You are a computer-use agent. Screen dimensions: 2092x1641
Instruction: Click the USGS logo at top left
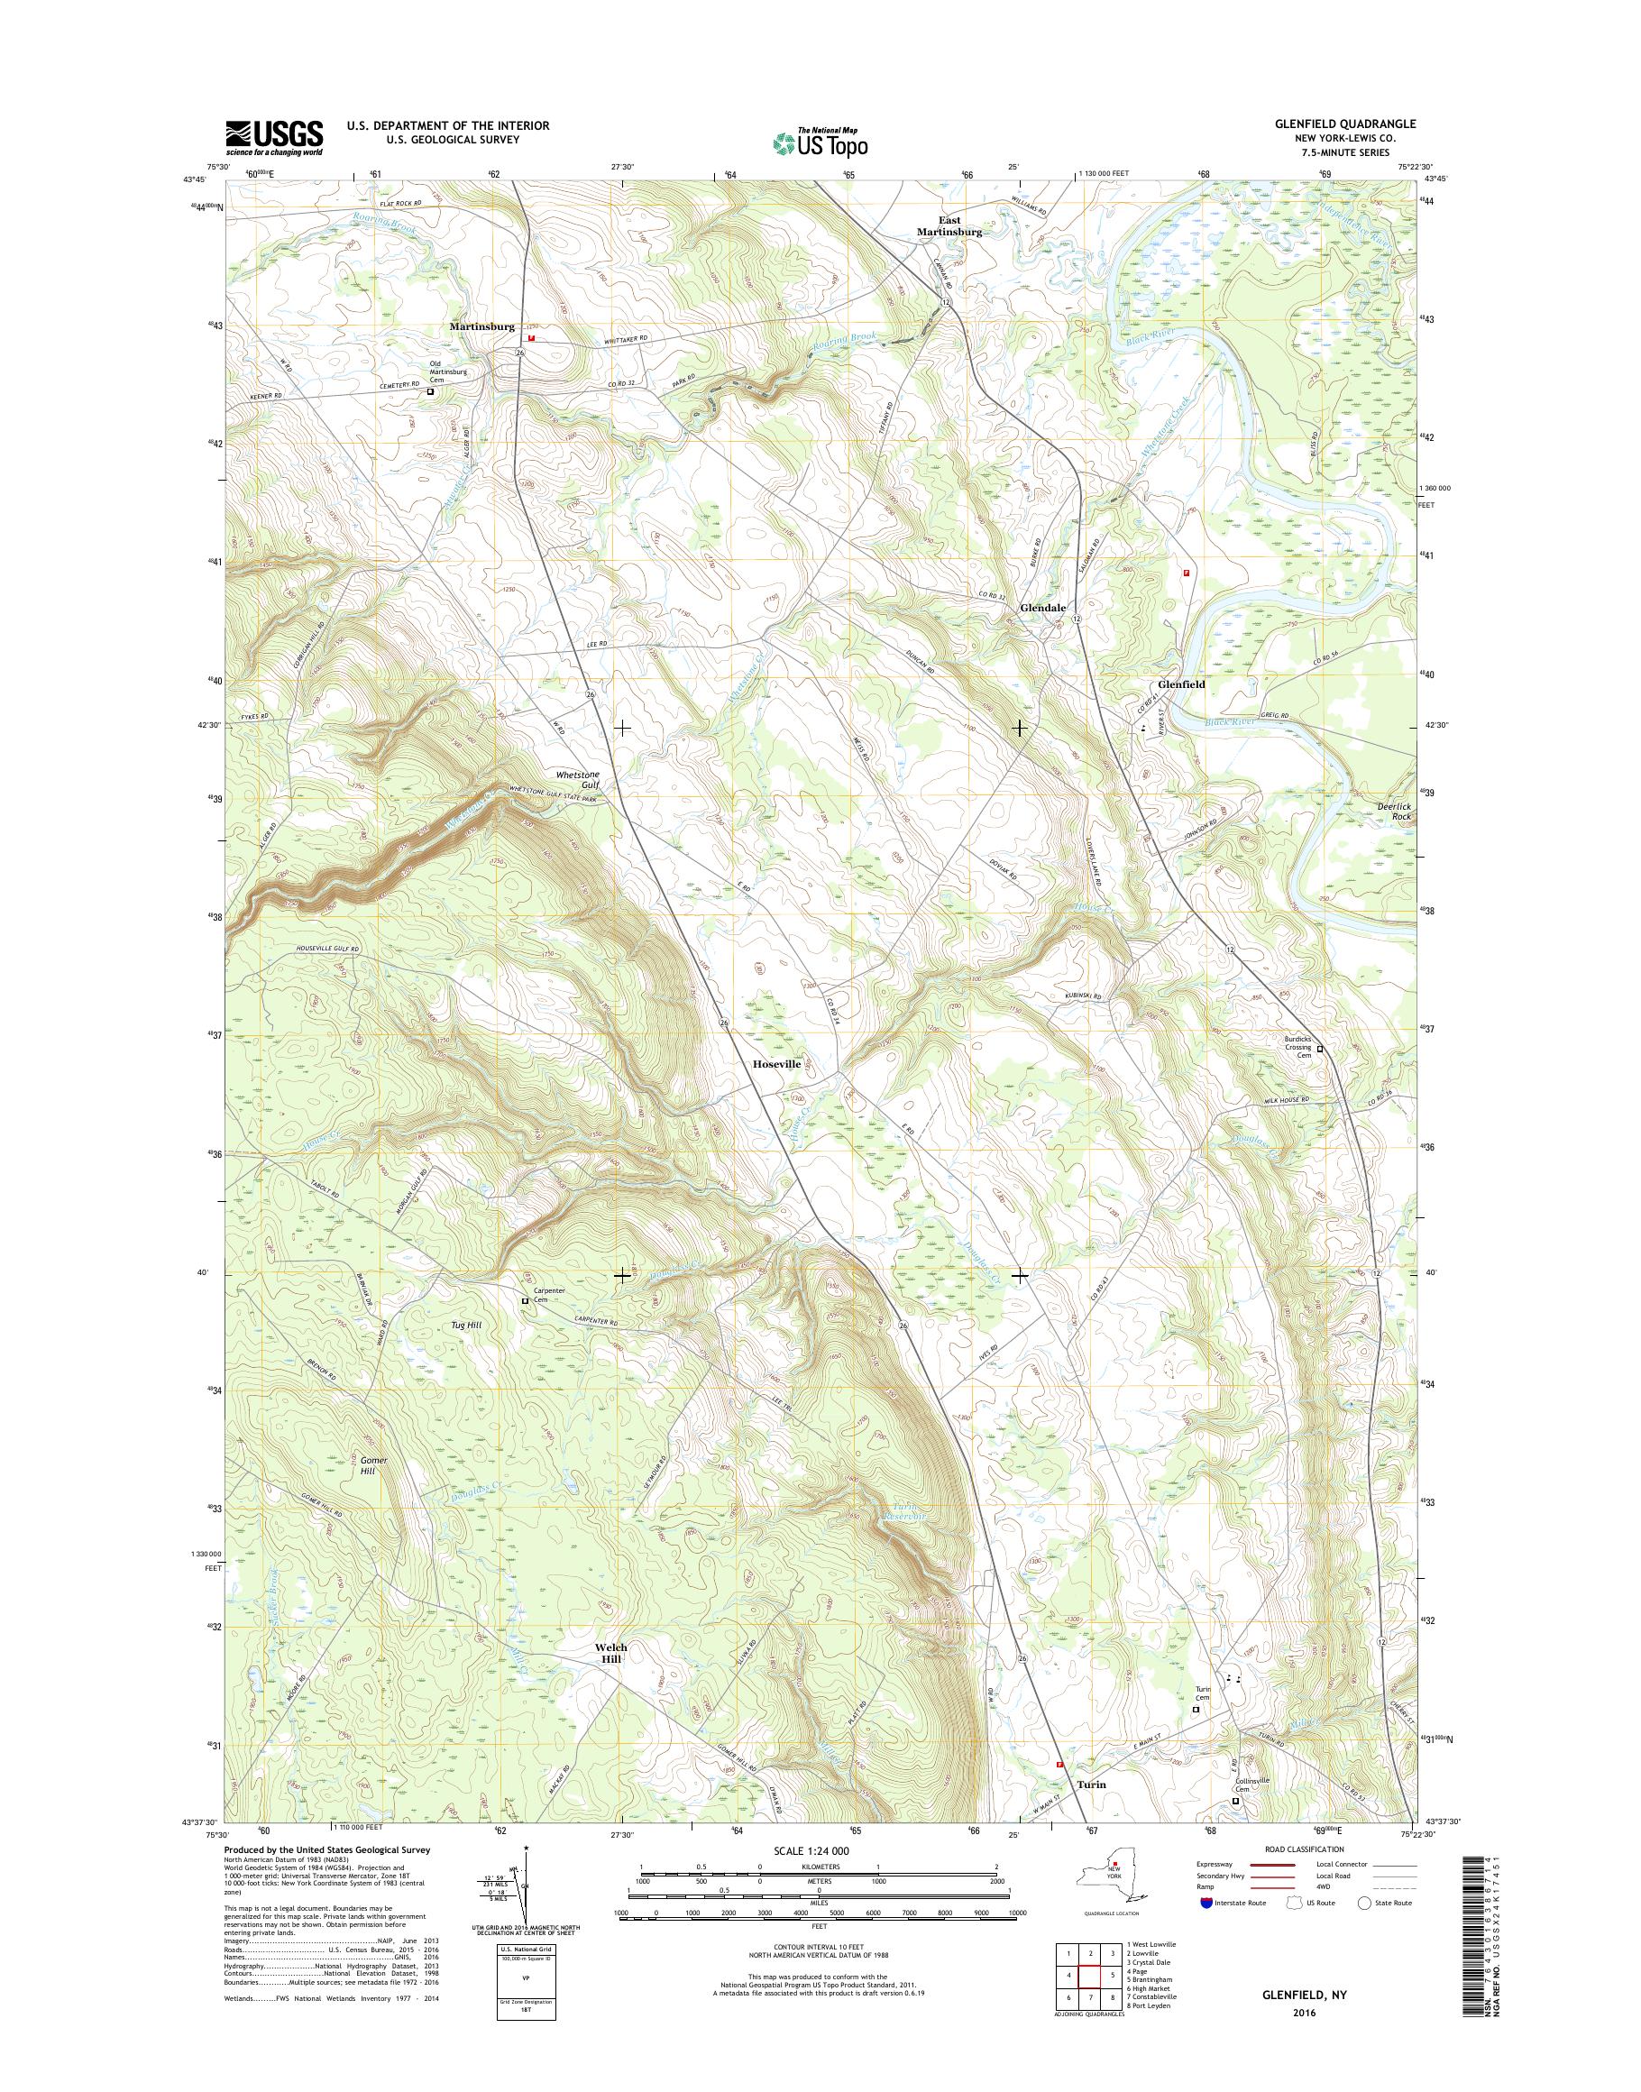pyautogui.click(x=274, y=138)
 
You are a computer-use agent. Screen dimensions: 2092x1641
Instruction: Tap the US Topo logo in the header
pyautogui.click(x=820, y=143)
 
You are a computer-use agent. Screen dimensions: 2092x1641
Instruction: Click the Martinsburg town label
pyautogui.click(x=482, y=326)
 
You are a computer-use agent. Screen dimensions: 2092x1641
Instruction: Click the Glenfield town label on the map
pyautogui.click(x=1181, y=684)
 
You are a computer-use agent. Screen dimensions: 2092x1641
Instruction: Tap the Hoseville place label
pyautogui.click(x=776, y=1065)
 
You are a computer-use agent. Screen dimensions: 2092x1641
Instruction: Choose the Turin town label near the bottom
pyautogui.click(x=1090, y=1784)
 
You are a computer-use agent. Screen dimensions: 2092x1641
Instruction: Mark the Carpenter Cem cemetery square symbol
pyautogui.click(x=525, y=1300)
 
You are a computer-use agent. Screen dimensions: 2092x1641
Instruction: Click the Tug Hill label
pyautogui.click(x=465, y=1326)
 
